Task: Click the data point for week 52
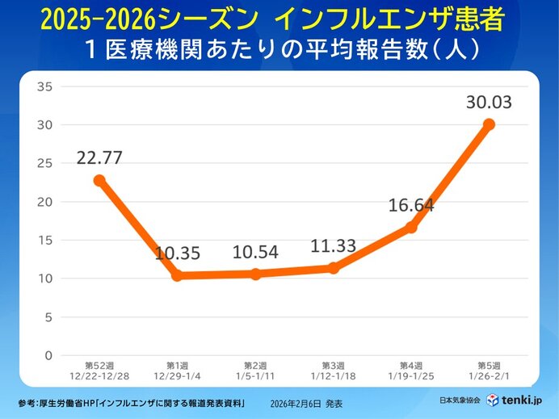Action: (99, 181)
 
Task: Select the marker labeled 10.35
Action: (177, 276)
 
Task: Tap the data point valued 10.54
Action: (255, 274)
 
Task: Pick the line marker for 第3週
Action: (333, 268)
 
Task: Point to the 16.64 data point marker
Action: (411, 228)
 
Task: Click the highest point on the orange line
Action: (489, 124)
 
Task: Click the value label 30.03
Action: (489, 103)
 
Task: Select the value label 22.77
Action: (99, 157)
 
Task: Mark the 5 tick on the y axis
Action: (48, 317)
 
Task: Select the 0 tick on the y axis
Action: (48, 355)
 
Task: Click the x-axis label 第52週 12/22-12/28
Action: (99, 371)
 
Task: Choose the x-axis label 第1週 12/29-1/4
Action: (177, 371)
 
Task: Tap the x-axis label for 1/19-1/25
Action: (411, 375)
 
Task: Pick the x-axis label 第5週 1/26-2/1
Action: (489, 371)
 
